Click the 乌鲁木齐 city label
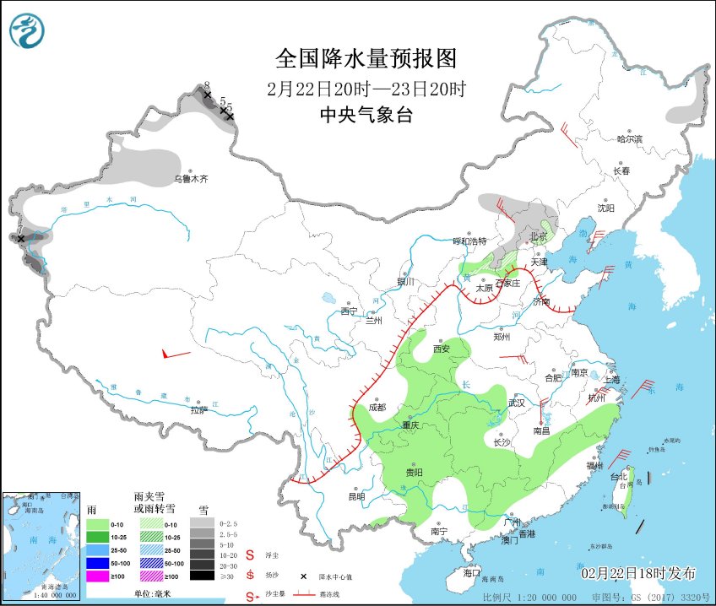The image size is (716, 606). click(190, 179)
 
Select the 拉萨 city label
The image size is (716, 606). click(198, 410)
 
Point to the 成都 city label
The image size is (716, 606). click(377, 408)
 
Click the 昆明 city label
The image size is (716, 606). click(357, 496)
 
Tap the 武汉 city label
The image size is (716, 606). click(516, 403)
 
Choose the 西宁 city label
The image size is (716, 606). click(349, 311)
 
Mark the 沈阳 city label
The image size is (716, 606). click(605, 208)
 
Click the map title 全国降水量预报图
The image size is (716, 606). click(366, 59)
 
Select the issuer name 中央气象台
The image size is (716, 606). click(366, 116)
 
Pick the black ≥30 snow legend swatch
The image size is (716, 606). click(201, 576)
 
